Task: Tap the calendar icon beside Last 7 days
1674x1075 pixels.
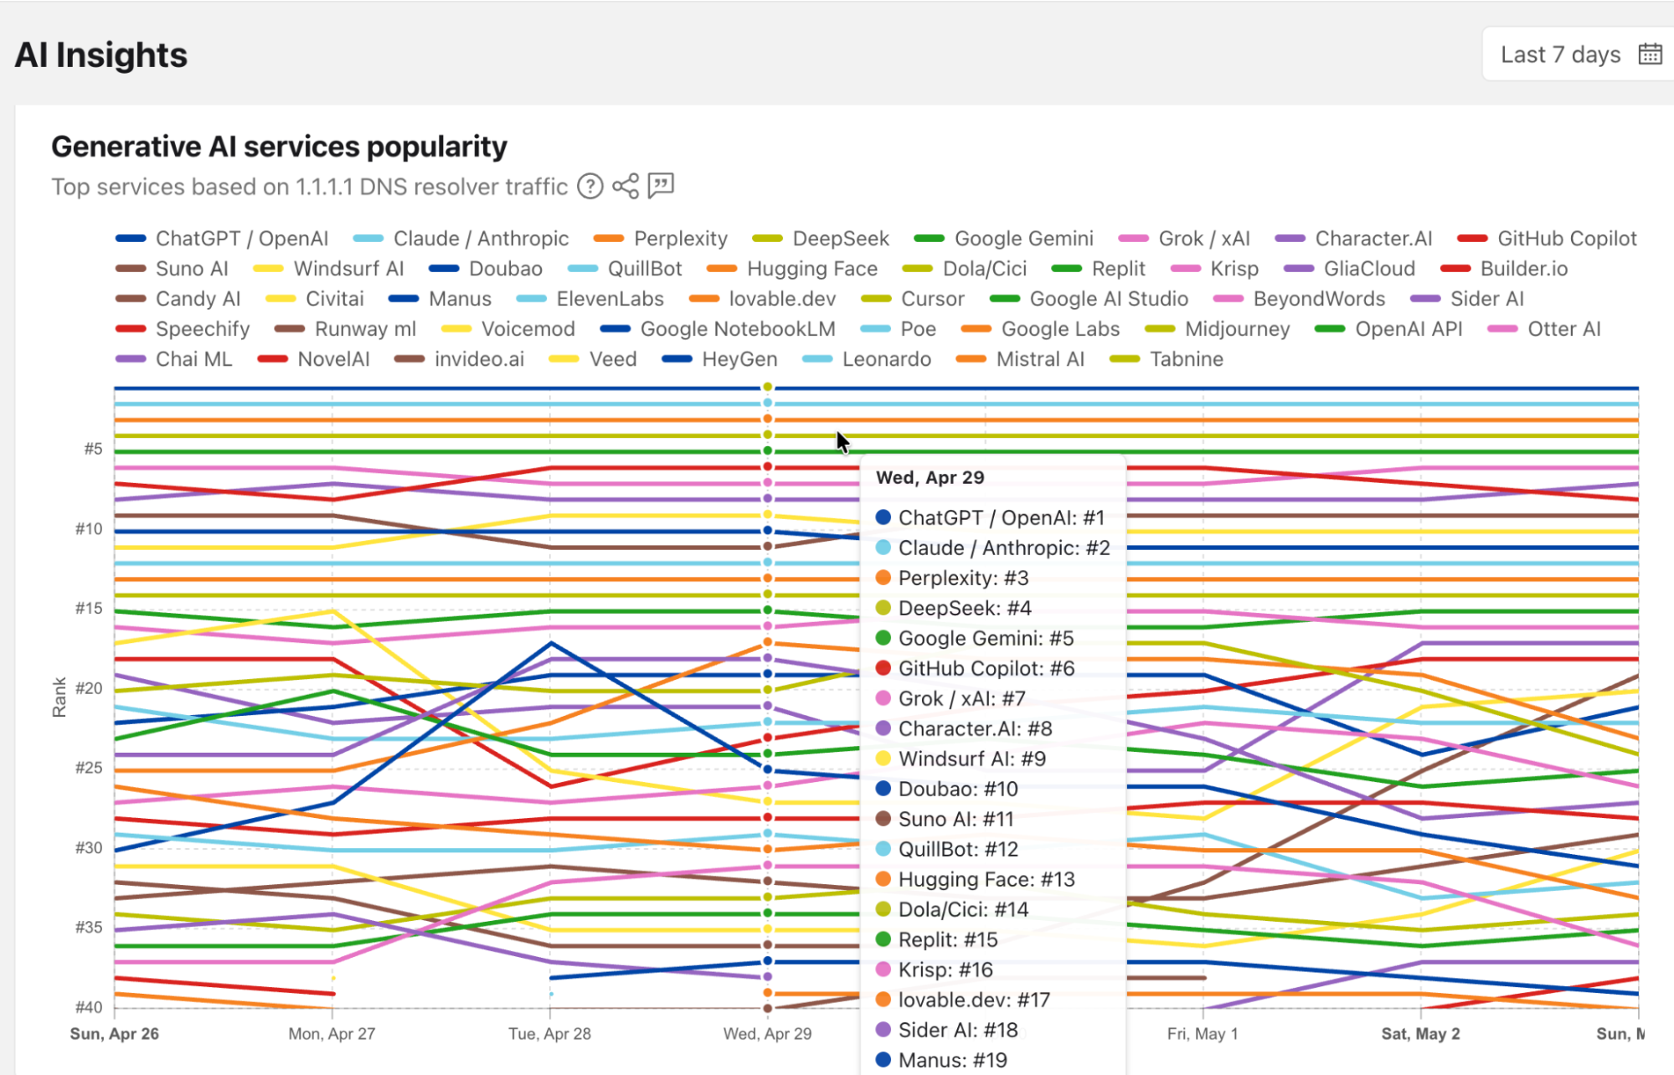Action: [x=1650, y=54]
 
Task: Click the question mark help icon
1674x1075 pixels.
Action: [x=590, y=186]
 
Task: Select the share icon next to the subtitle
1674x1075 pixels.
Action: [x=626, y=186]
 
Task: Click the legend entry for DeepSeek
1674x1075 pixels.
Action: [x=821, y=239]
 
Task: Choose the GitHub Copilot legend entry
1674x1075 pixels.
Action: [x=1547, y=239]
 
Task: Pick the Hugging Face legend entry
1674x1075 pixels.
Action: [x=792, y=269]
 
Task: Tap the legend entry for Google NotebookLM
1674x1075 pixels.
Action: [x=718, y=329]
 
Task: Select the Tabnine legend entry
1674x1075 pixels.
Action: [x=1167, y=359]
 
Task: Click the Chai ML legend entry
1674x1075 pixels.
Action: [x=174, y=359]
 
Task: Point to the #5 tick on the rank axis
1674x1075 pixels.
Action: [x=93, y=450]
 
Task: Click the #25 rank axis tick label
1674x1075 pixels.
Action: [x=89, y=768]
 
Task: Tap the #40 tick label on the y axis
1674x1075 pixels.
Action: [x=89, y=1007]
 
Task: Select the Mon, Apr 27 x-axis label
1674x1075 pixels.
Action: [x=332, y=1034]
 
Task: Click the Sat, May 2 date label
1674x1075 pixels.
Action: [x=1420, y=1034]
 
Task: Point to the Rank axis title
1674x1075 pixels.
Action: [x=59, y=697]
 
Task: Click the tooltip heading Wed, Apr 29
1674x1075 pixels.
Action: [x=930, y=478]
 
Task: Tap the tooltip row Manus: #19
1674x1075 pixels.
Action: [x=941, y=1060]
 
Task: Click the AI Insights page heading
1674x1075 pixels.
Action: [x=101, y=55]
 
